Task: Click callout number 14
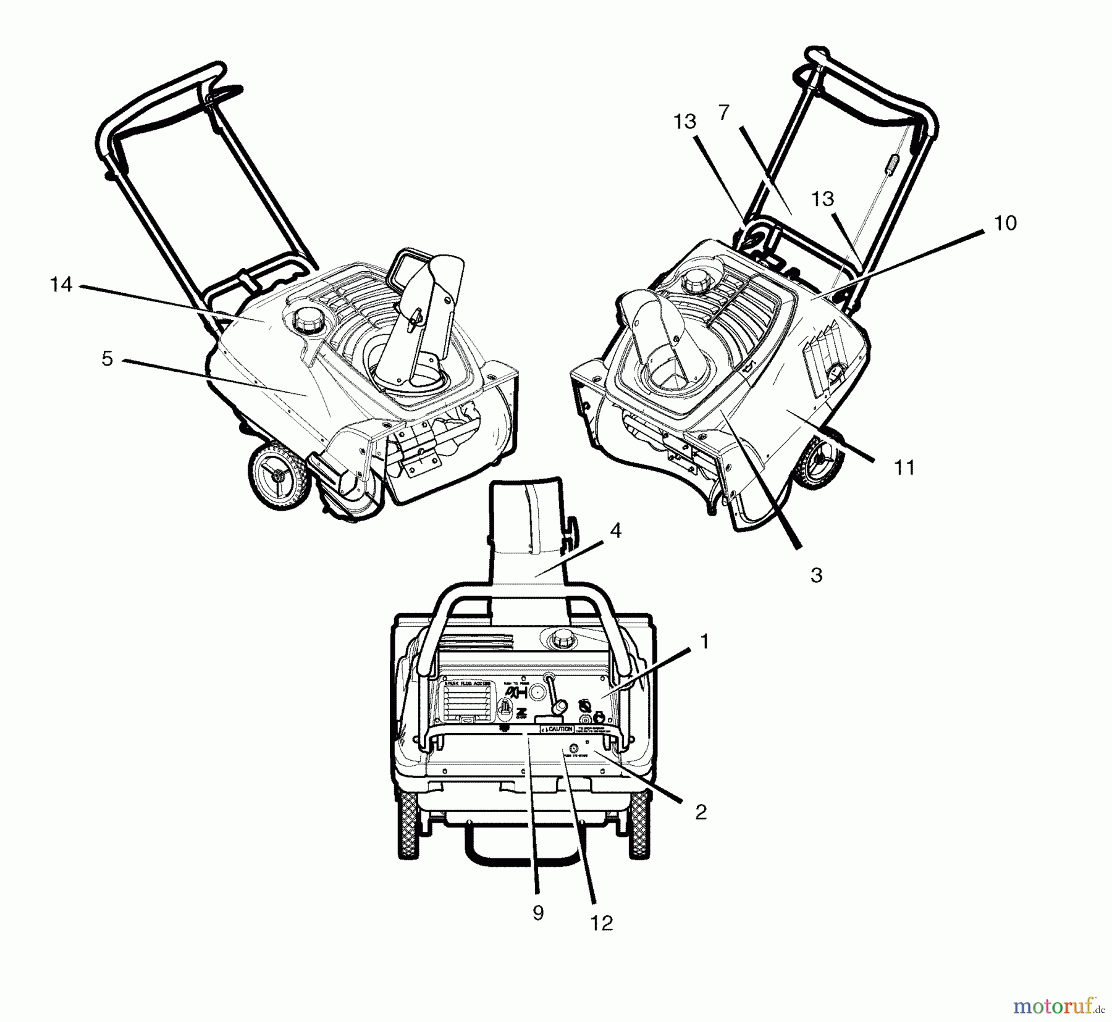coord(61,285)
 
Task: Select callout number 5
coord(107,359)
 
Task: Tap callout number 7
coord(724,112)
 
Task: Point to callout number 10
coord(1005,223)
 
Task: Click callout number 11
coord(905,467)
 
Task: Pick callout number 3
coord(816,576)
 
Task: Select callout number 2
coord(700,812)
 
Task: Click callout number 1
coord(704,642)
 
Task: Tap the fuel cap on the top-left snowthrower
coord(305,319)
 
